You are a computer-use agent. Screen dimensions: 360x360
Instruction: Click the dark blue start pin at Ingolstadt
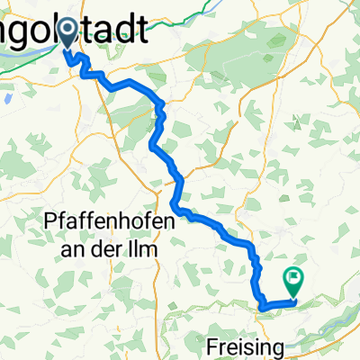pyautogui.click(x=68, y=34)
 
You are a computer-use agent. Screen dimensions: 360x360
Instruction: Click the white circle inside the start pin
pyautogui.click(x=68, y=30)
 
